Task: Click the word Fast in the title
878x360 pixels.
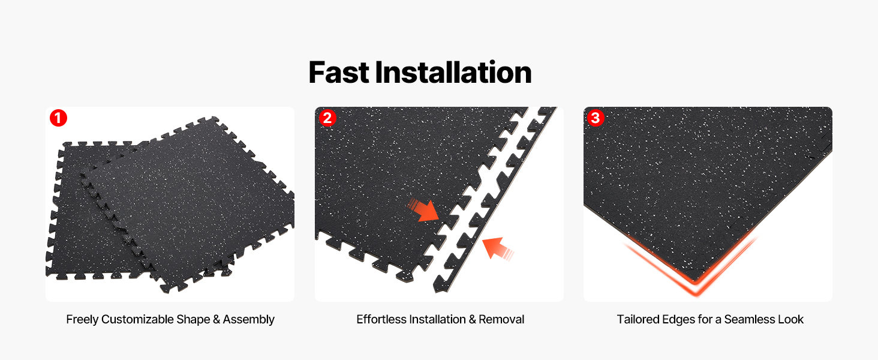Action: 339,73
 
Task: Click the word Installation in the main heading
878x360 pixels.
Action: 453,73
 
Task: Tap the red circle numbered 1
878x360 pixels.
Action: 58,118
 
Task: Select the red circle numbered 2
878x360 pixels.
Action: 327,118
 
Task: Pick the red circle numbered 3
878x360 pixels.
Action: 596,118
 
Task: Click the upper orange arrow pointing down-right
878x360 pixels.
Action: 424,211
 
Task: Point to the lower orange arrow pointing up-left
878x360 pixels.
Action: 497,248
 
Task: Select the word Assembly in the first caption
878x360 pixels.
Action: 248,320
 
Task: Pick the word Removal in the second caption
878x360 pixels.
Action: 501,319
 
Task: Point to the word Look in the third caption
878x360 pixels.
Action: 790,319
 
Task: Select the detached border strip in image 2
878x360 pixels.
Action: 495,200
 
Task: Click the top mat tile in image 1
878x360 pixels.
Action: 188,204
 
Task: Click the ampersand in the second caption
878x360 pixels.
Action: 473,319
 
